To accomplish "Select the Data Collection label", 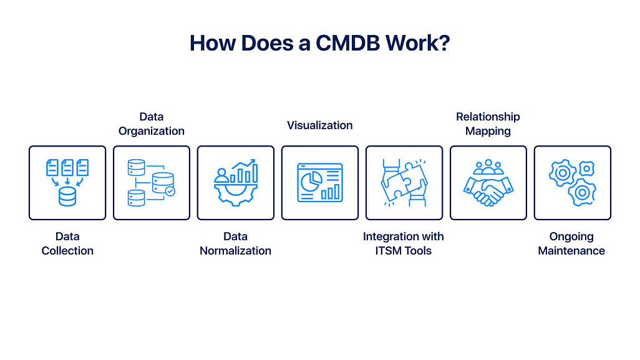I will point(67,243).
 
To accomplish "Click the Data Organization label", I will point(152,124).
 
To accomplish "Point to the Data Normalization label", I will point(235,243).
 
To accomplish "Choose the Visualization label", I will point(319,125).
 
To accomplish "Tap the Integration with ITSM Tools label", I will point(404,243).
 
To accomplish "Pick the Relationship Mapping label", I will point(488,124).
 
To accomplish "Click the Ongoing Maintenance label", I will point(571,243).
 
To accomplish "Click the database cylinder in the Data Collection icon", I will point(67,197).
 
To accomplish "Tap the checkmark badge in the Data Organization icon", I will point(170,192).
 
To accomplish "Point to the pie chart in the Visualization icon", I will point(310,182).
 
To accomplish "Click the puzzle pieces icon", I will point(404,183).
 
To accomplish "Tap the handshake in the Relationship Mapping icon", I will point(488,190).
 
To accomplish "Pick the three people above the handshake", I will point(488,167).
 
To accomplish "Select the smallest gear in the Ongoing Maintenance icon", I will point(586,168).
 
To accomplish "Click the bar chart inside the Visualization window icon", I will point(331,191).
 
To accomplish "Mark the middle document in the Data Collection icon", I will point(67,167).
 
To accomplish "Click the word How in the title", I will point(213,43).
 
